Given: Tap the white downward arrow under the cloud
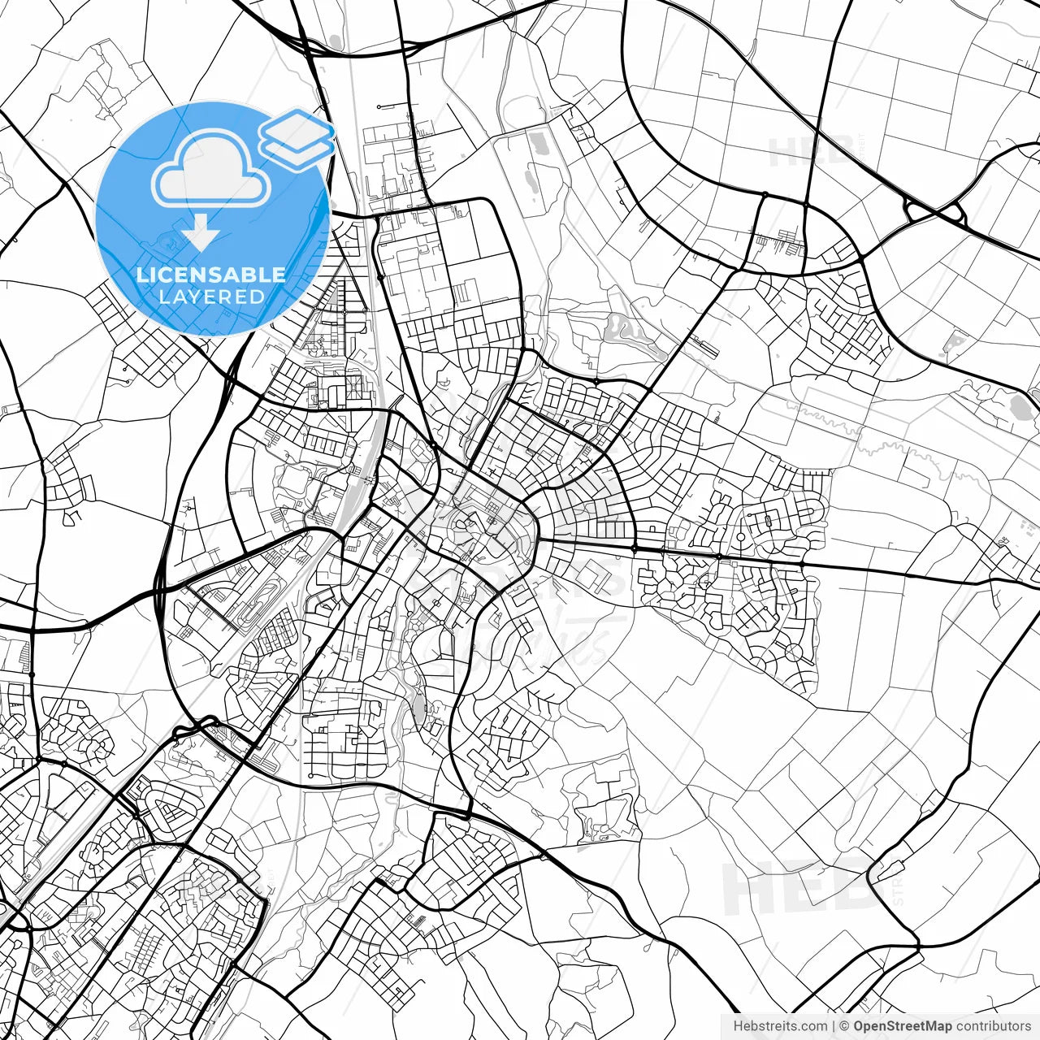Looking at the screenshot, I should (x=201, y=234).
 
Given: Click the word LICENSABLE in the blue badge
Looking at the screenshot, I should (x=211, y=275).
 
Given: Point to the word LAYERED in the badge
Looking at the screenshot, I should (x=211, y=297).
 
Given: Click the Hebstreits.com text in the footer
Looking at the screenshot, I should (x=780, y=1026).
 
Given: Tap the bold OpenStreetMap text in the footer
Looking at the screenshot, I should (x=903, y=1026).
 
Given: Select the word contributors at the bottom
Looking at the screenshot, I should (x=993, y=1026).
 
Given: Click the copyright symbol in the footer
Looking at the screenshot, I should (x=844, y=1026).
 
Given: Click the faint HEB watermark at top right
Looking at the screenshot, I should (x=808, y=151).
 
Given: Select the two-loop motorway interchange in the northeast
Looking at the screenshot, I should (x=934, y=214).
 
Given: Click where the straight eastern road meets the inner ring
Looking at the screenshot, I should (x=536, y=539).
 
